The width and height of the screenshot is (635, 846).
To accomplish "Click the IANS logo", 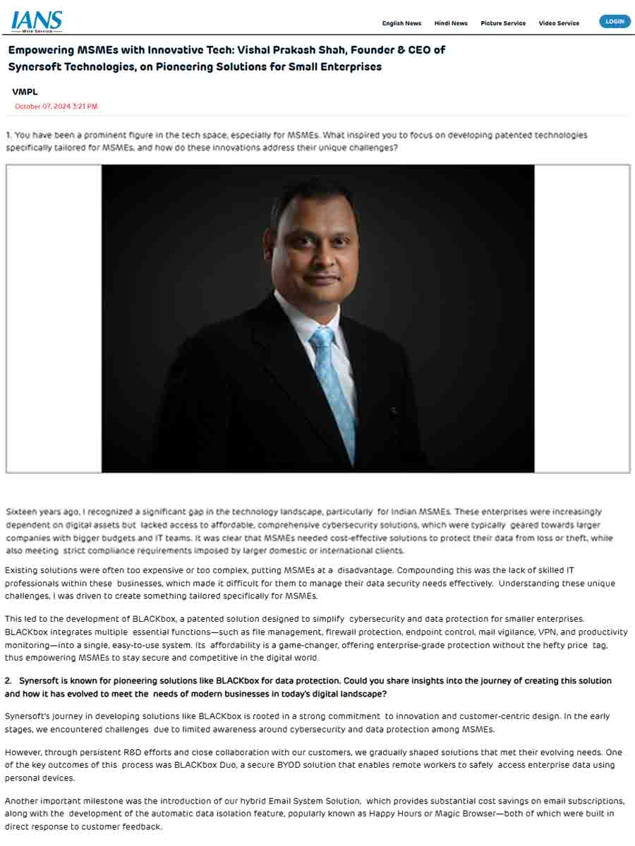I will pyautogui.click(x=37, y=21).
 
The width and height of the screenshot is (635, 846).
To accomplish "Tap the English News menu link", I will pyautogui.click(x=401, y=23).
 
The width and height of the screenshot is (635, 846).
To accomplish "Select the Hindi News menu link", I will pyautogui.click(x=451, y=23).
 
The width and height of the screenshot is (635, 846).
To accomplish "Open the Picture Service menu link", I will pyautogui.click(x=503, y=23).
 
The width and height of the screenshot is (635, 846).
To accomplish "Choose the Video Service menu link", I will pyautogui.click(x=559, y=23).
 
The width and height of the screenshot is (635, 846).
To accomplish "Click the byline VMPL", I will pyautogui.click(x=25, y=92).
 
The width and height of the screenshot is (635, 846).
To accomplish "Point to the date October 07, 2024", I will pyautogui.click(x=56, y=106).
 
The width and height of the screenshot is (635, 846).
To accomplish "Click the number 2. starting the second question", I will pyautogui.click(x=8, y=681).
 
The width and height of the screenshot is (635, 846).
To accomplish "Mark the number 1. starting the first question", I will pyautogui.click(x=8, y=135).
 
